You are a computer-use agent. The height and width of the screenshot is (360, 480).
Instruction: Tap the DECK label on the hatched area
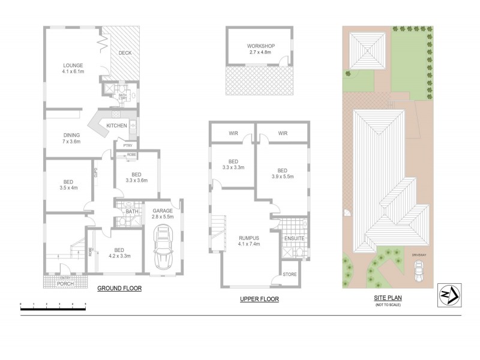125,53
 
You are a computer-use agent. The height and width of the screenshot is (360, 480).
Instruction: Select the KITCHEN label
116,125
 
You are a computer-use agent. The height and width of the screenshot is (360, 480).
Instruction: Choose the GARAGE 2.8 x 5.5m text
163,214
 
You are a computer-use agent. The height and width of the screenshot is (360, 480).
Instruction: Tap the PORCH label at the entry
65,283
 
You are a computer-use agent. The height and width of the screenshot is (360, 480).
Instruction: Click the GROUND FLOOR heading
119,289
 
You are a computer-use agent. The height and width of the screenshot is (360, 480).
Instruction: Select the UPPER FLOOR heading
260,298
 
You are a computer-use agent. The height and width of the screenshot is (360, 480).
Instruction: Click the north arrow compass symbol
449,295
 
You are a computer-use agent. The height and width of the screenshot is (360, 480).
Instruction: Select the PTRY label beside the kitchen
127,145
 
